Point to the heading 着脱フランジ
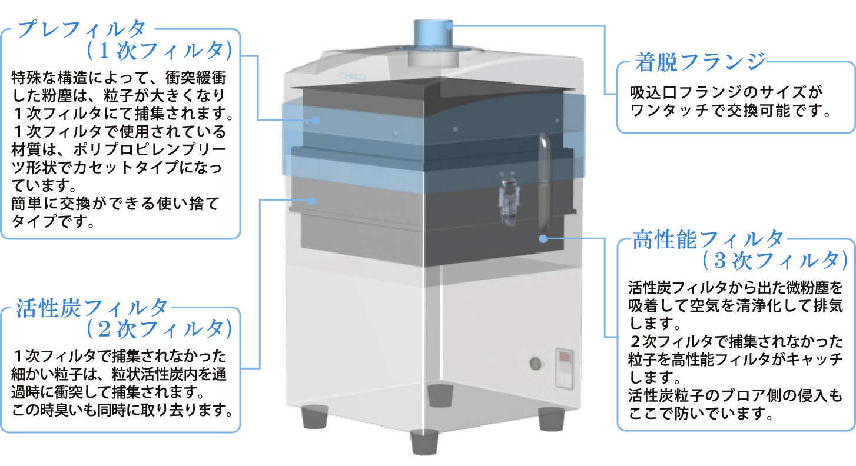700,61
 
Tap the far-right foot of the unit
552,418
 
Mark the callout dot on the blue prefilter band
316,120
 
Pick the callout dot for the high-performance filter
543,238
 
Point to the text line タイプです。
52,223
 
